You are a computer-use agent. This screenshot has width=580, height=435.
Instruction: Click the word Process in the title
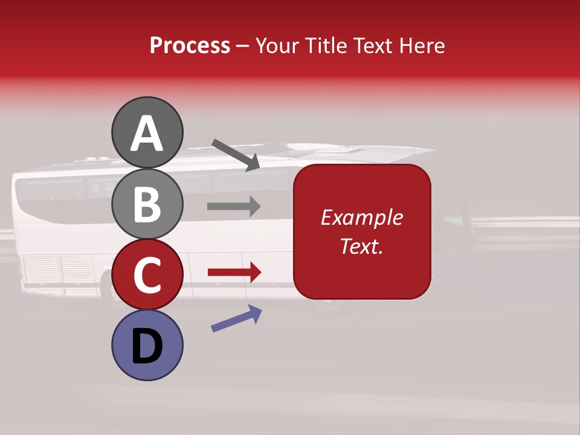(x=190, y=45)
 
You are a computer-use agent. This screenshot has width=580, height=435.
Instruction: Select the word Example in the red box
(x=361, y=217)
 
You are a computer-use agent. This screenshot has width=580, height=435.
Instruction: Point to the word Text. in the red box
(x=361, y=246)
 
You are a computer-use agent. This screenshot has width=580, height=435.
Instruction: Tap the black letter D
(x=147, y=346)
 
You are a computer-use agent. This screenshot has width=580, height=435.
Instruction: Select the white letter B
(x=147, y=204)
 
